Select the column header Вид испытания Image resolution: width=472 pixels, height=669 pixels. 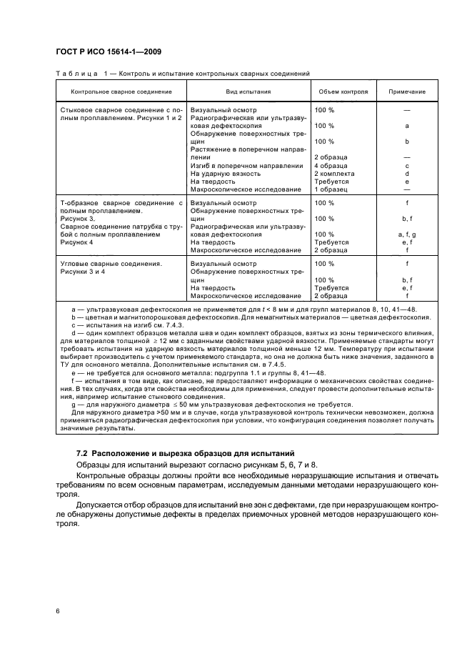coord(248,91)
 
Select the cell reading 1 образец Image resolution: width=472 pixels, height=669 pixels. coord(330,189)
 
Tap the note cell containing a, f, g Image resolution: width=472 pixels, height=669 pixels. coord(406,234)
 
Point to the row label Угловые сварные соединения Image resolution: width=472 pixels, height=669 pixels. coord(110,264)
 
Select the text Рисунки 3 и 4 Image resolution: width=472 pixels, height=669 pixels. coord(83,272)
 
